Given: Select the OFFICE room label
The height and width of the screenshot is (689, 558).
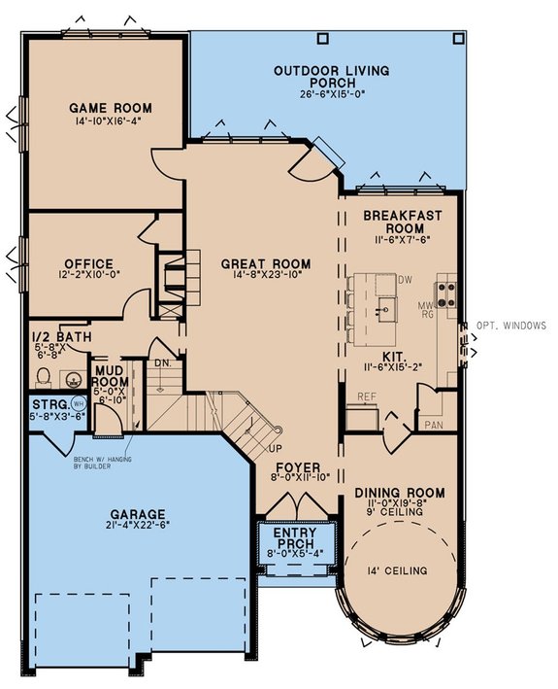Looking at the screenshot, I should click(89, 263).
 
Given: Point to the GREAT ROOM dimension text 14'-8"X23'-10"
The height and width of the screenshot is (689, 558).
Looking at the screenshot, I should click(266, 277).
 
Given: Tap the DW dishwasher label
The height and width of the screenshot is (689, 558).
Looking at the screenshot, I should click(406, 280).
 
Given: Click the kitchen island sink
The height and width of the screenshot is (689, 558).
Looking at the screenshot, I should click(385, 310).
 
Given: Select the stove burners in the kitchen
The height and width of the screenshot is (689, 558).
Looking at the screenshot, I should click(446, 293).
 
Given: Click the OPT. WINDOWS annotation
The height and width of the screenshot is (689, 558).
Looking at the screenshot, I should click(511, 326).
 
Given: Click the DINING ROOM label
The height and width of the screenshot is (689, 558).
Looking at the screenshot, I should click(399, 493).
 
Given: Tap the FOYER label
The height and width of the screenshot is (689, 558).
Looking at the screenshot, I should click(299, 465).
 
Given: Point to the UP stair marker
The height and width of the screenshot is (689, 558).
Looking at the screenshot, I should click(275, 449).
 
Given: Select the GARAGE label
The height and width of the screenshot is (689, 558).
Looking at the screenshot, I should click(137, 514).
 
